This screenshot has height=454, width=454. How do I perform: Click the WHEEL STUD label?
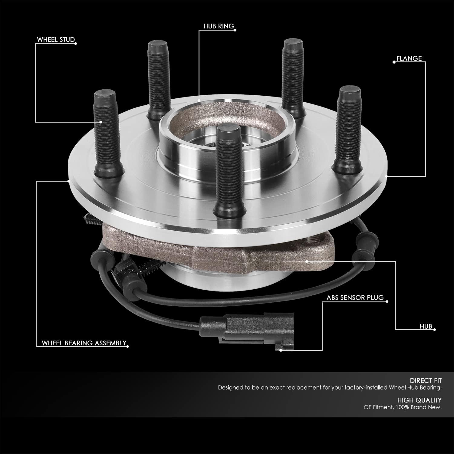[56, 40]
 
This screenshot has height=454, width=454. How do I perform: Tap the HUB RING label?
[219, 26]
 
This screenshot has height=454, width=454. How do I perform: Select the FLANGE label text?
[409, 58]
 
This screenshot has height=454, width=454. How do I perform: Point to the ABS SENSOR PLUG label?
[355, 298]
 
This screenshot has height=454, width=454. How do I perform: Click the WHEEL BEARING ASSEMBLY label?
[84, 343]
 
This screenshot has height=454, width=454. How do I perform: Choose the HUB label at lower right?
[426, 327]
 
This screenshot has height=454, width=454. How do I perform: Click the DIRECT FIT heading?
[426, 380]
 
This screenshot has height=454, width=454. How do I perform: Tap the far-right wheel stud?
[348, 127]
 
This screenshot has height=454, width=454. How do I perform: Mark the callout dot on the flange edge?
[386, 176]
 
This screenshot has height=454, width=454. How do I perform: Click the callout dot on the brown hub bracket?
[307, 261]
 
